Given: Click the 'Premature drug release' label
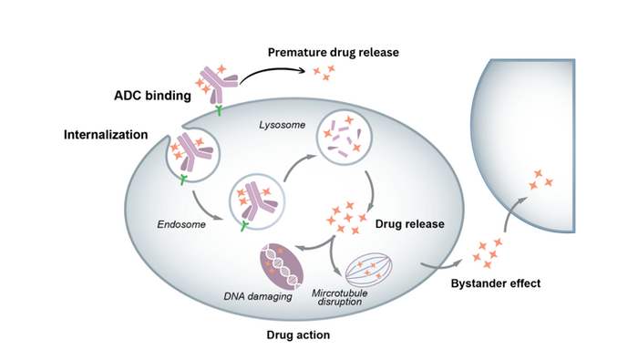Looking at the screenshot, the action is click(334, 53).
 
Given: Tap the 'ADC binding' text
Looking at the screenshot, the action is click(152, 96).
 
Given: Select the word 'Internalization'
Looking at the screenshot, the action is click(106, 135).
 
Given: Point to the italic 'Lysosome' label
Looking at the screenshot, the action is click(282, 125).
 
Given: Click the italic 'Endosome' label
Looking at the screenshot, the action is click(181, 224).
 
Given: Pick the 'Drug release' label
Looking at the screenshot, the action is click(410, 224).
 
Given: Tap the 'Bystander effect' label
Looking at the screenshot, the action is click(496, 283).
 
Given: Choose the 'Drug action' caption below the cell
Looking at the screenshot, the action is click(298, 334).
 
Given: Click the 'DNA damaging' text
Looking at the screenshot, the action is click(258, 296).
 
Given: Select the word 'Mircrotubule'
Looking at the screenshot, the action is click(340, 293).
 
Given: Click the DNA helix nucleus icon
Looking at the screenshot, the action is click(282, 266).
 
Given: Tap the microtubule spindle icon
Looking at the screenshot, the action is click(369, 270).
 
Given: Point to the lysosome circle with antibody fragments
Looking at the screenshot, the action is click(345, 137).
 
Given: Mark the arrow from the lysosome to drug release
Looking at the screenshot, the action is click(371, 190).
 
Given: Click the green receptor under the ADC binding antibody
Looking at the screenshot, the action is click(219, 110).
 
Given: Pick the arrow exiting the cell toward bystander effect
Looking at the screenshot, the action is click(441, 266).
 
